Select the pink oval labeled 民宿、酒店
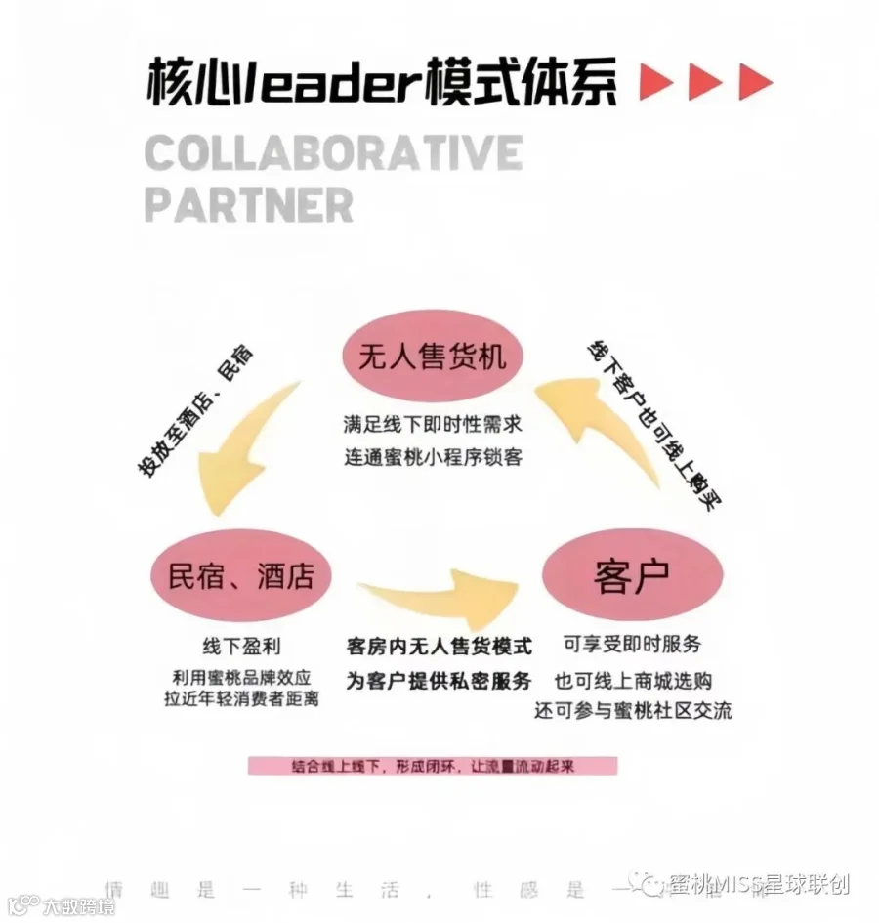click(241, 577)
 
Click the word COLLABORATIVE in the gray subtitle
click(333, 153)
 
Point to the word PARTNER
click(248, 205)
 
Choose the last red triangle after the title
click(753, 82)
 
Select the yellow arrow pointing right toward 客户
click(439, 601)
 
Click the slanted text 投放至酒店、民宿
click(194, 410)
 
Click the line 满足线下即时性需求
click(433, 426)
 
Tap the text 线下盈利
click(241, 646)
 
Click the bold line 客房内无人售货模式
click(439, 647)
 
